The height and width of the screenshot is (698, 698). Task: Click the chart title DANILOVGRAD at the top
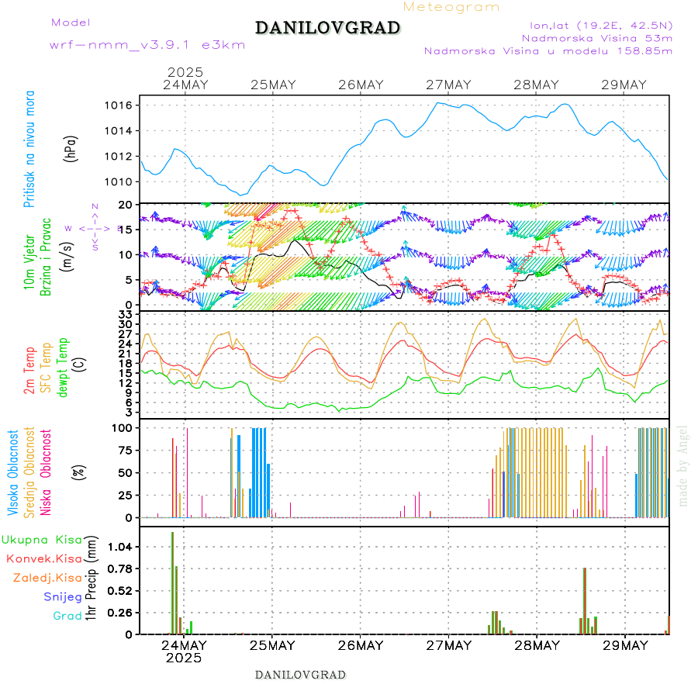(327, 28)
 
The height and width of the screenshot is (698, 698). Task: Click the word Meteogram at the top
(451, 7)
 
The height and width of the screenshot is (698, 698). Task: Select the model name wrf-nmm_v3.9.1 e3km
(147, 44)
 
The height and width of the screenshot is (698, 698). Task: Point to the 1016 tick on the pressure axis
(123, 105)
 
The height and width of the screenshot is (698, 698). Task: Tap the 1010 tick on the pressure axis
(123, 181)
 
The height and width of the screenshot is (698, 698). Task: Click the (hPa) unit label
(71, 148)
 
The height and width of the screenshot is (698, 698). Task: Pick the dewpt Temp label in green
(63, 365)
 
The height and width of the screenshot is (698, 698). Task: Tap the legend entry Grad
(67, 616)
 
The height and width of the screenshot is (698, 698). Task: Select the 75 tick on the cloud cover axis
(125, 449)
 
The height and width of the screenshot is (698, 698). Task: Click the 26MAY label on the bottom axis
(361, 644)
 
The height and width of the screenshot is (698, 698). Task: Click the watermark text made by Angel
(683, 465)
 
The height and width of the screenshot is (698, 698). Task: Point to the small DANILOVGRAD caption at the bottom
(300, 674)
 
